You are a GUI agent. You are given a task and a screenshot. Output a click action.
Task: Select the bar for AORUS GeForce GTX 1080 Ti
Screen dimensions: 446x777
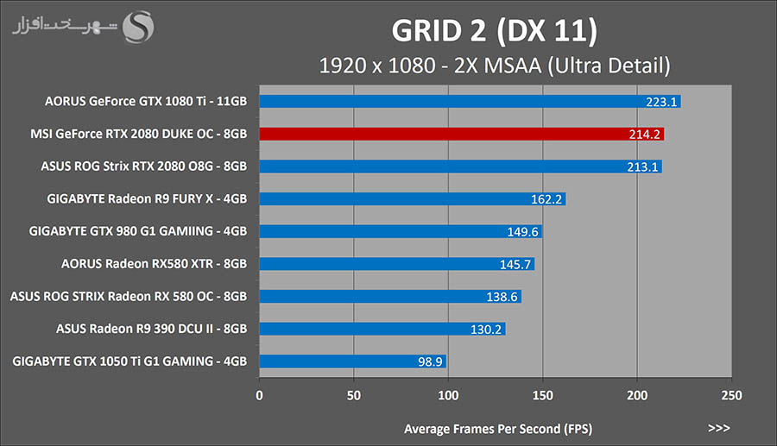tap(470, 102)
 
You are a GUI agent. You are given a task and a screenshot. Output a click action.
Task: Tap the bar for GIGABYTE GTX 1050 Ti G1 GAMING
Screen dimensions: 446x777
tap(352, 361)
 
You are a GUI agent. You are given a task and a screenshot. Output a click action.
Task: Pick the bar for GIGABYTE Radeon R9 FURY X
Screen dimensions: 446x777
tap(412, 199)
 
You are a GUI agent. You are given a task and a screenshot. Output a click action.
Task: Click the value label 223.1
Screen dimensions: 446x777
tap(661, 102)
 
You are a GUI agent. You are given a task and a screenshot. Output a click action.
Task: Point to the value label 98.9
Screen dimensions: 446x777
tap(430, 361)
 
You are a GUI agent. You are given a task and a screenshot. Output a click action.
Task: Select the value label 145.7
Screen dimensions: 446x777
tap(516, 264)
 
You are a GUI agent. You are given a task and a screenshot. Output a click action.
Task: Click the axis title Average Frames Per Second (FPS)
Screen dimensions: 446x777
tap(498, 428)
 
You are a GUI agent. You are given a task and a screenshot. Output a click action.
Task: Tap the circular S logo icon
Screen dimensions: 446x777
tap(139, 26)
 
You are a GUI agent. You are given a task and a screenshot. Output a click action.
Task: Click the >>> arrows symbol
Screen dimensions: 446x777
tap(718, 428)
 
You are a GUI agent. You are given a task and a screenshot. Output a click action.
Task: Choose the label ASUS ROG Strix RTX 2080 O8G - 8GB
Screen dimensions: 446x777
tap(144, 166)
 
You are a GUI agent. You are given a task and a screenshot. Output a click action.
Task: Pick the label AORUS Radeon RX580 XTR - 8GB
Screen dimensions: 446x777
tap(155, 264)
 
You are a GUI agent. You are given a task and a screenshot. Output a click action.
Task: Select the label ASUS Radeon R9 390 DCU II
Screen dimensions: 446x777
tap(152, 329)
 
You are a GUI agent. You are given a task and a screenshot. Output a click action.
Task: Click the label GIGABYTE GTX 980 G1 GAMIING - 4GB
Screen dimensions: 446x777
tap(138, 231)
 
